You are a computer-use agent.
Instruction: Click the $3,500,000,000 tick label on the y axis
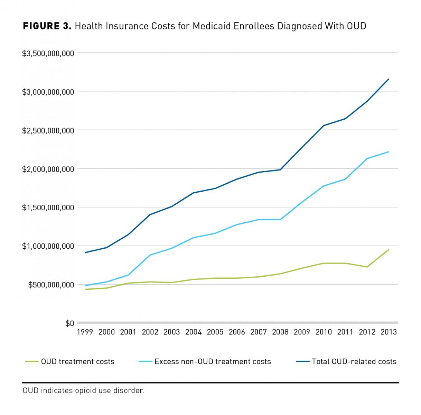(x=48, y=53)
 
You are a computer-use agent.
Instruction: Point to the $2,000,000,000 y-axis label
(x=48, y=169)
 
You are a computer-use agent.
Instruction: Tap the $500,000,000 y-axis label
(x=51, y=285)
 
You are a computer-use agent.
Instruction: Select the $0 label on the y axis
(x=70, y=323)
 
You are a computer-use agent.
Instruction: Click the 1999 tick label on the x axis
(x=85, y=332)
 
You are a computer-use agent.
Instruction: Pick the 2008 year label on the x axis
(x=280, y=332)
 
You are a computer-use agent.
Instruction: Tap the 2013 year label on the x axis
(x=389, y=332)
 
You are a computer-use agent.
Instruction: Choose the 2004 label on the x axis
(x=194, y=332)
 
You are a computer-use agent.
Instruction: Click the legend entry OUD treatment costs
(x=77, y=362)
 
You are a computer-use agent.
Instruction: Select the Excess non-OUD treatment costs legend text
(x=213, y=362)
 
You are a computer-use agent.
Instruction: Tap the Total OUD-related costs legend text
(x=354, y=362)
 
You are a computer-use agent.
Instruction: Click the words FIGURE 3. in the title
(x=47, y=26)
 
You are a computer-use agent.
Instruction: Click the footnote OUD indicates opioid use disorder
(x=83, y=391)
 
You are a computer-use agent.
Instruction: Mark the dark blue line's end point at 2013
(x=389, y=79)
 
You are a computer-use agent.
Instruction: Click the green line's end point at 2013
(x=389, y=250)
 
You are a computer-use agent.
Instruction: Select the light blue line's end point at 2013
(x=389, y=152)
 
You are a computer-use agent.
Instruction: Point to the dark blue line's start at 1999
(x=85, y=252)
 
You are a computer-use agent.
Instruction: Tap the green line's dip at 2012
(x=367, y=267)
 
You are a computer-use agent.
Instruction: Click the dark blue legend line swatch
(x=302, y=362)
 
